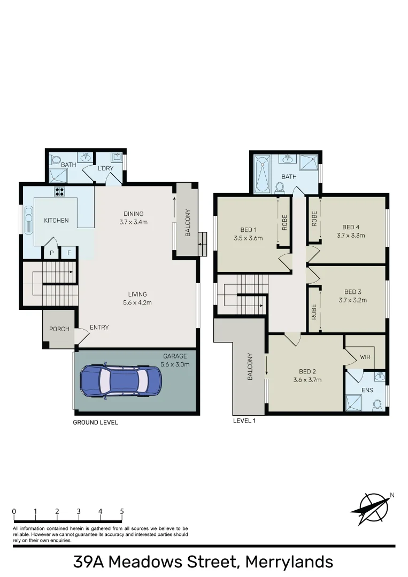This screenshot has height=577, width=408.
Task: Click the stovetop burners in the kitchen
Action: pos(59,192)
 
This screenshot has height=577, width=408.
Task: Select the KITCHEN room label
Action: pos(56,220)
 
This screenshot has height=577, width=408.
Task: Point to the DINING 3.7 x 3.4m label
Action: pos(133,217)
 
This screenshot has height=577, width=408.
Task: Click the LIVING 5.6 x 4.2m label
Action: pos(137,298)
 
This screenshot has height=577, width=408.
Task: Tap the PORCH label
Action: pos(59,329)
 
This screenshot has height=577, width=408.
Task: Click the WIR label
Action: pos(366,356)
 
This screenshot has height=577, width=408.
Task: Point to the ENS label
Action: pos(367,390)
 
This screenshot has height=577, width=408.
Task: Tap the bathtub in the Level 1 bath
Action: pos(263,174)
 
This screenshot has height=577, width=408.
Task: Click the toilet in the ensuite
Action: pos(378,404)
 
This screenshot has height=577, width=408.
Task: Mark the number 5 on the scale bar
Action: pos(122,511)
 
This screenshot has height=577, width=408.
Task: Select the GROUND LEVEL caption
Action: pos(95,423)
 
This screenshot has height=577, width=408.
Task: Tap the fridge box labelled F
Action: pos(68,254)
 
